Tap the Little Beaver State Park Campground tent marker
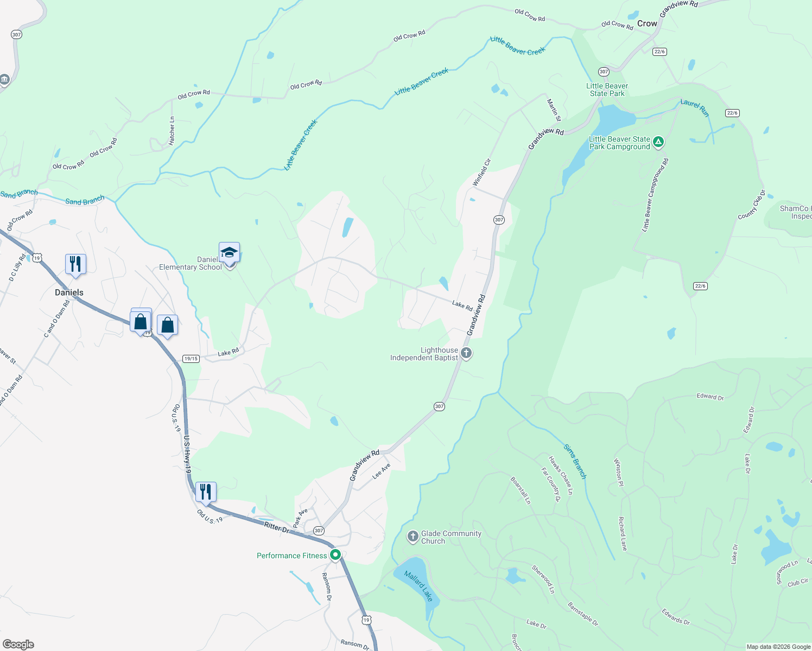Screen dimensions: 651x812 click(658, 142)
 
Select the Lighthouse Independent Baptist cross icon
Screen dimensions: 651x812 click(466, 353)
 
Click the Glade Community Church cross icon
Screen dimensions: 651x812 click(413, 537)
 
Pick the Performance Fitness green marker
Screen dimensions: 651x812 click(335, 555)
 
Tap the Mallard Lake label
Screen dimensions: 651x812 click(418, 586)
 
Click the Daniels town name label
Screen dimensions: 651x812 click(69, 292)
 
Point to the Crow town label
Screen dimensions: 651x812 click(647, 23)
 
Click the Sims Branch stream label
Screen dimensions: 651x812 click(575, 461)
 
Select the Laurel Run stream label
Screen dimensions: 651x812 click(695, 107)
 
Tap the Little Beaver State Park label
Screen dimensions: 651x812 click(607, 90)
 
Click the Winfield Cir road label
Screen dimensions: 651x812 click(481, 173)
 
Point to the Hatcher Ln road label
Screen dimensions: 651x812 click(172, 131)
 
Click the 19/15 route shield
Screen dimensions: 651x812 click(191, 359)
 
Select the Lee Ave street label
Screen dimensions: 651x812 click(382, 471)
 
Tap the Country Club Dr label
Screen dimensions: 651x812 click(752, 205)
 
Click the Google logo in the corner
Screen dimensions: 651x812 click(18, 644)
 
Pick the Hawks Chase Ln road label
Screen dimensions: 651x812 click(561, 475)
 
